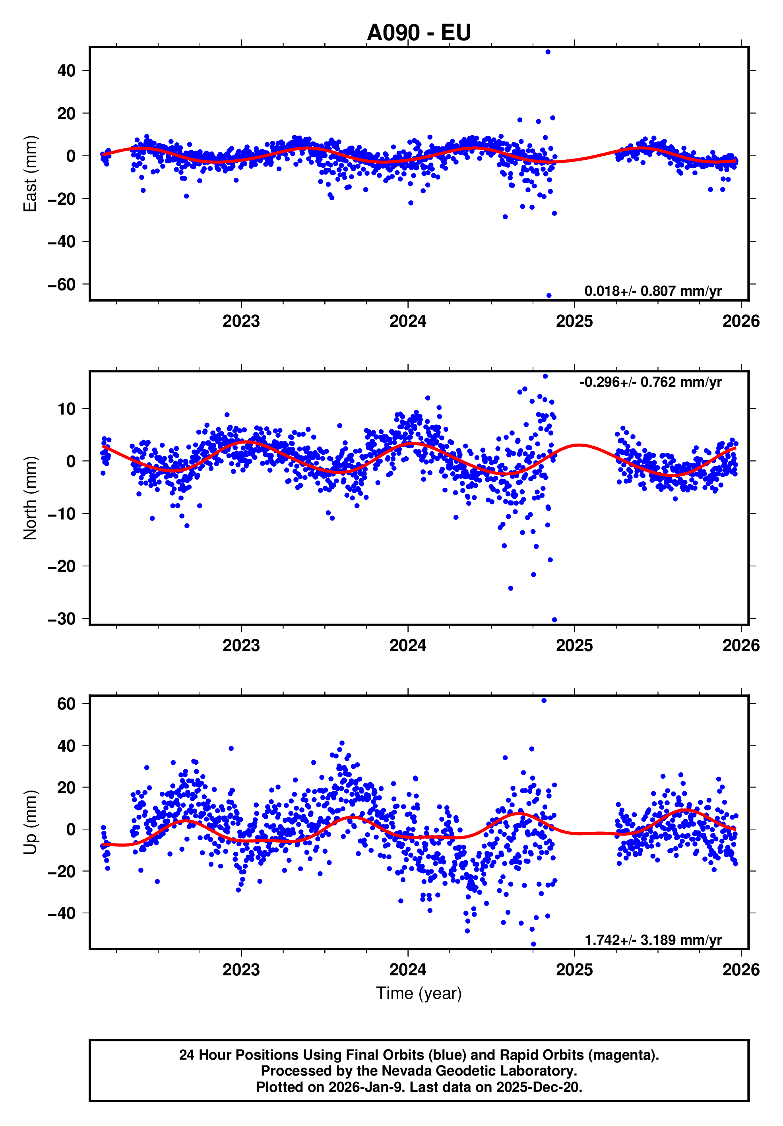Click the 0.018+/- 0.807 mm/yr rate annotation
coord(653,291)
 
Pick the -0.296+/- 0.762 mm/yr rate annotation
coord(650,382)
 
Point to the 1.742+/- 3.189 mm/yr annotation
coord(653,940)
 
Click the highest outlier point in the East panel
coord(548,52)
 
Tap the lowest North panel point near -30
coord(554,620)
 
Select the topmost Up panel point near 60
coord(544,700)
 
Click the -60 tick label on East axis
coord(62,285)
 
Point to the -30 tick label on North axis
coord(62,619)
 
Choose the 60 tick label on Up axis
coord(66,704)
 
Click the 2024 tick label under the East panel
coord(407,321)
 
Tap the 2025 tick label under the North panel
coord(574,645)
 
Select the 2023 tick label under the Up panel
coord(241,969)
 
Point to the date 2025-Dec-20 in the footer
coord(538,1087)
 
